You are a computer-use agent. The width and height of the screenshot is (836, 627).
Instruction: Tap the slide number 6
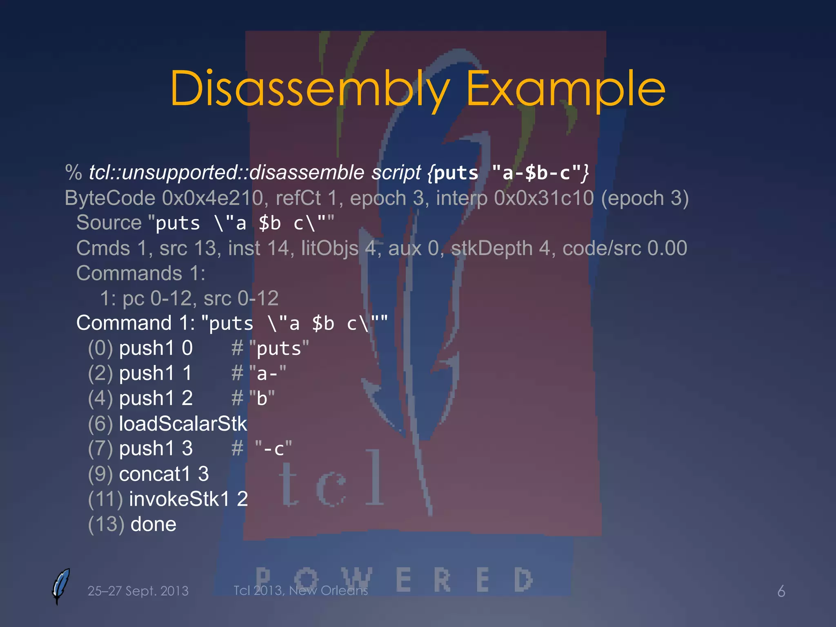781,591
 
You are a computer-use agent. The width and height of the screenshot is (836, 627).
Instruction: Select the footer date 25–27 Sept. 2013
138,591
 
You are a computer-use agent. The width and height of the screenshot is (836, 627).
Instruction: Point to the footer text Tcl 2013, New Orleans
300,590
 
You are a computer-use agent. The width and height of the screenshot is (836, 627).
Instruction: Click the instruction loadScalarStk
183,424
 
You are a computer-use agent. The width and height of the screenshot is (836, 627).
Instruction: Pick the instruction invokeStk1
180,499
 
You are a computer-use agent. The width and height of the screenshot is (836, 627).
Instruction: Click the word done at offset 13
153,524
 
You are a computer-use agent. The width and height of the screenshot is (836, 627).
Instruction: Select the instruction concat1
155,474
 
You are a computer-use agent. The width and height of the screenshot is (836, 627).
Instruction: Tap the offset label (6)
100,424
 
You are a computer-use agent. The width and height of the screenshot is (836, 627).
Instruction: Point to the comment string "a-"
268,374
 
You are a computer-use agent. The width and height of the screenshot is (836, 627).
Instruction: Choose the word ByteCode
110,198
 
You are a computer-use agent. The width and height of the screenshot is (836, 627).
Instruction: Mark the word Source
109,223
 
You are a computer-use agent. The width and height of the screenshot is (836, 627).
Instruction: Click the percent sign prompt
73,173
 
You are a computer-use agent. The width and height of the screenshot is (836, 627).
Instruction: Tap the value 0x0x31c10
543,198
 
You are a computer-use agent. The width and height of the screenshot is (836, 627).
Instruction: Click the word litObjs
329,248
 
